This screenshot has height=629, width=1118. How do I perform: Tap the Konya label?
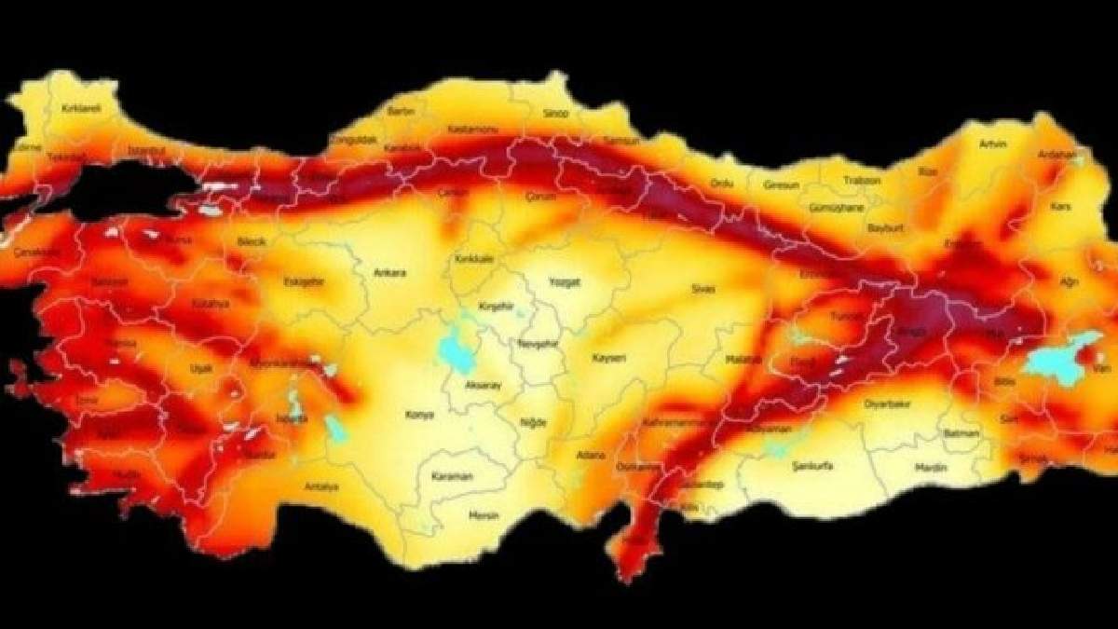pyautogui.click(x=420, y=415)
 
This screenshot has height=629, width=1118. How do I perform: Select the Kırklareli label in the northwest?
pyautogui.click(x=80, y=108)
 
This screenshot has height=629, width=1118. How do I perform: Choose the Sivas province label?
pyautogui.click(x=702, y=290)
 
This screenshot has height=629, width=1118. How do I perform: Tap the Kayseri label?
pyautogui.click(x=608, y=357)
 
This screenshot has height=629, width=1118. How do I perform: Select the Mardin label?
pyautogui.click(x=930, y=467)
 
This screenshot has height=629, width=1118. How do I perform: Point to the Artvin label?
pyautogui.click(x=994, y=144)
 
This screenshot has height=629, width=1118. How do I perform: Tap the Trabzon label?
pyautogui.click(x=862, y=180)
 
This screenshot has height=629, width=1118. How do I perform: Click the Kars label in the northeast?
pyautogui.click(x=1060, y=205)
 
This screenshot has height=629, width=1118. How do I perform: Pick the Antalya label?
pyautogui.click(x=320, y=486)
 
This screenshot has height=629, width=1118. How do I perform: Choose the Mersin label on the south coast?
pyautogui.click(x=484, y=515)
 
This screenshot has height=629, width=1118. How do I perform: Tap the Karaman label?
pyautogui.click(x=453, y=476)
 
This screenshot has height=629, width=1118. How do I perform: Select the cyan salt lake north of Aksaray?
pyautogui.click(x=455, y=350)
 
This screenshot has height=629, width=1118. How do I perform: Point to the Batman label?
pyautogui.click(x=960, y=433)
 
